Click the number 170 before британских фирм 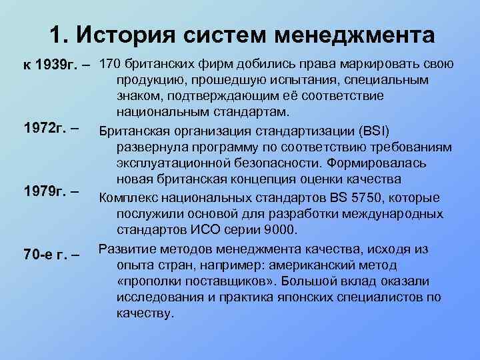pyautogui.click(x=109, y=65)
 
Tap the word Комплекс pyautogui.click(x=129, y=198)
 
